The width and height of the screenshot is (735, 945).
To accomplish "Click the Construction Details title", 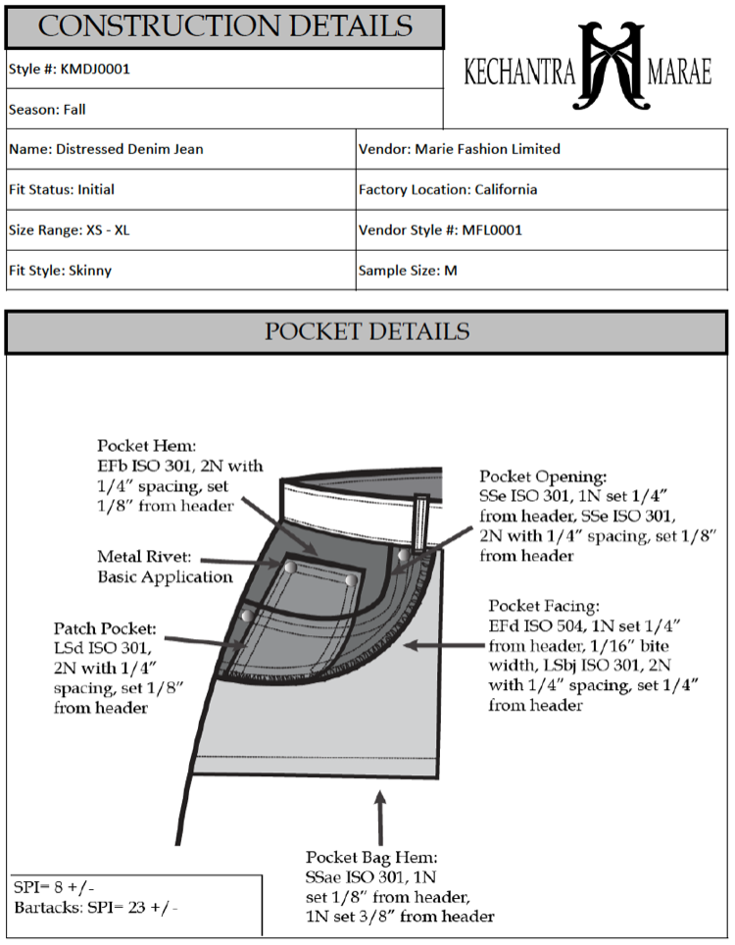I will coord(224,26).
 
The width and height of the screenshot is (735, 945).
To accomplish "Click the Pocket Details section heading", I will coord(367,331).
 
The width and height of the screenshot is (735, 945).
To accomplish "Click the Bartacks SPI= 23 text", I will coord(96,907).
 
